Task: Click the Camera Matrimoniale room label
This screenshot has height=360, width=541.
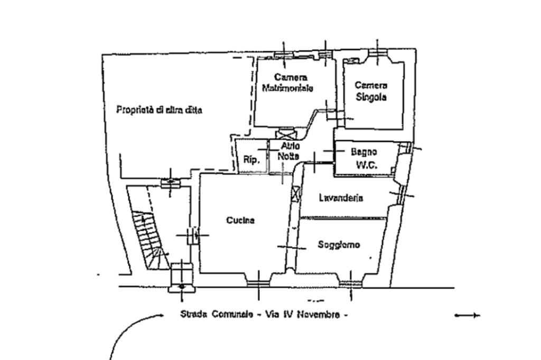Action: click(x=288, y=83)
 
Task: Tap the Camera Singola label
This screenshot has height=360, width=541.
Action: click(x=371, y=91)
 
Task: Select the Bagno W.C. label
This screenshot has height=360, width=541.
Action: click(x=364, y=158)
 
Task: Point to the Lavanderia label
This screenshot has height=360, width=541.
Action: click(x=341, y=198)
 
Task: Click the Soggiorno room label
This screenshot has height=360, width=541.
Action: click(x=339, y=245)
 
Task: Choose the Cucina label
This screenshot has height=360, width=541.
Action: click(x=240, y=220)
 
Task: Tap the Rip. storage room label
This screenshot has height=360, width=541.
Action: click(x=251, y=160)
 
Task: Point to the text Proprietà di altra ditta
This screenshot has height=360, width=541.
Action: click(x=159, y=110)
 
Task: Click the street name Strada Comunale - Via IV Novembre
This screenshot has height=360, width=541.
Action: click(x=264, y=315)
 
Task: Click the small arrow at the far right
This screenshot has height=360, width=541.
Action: click(x=468, y=316)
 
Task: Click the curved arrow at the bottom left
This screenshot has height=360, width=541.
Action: click(x=132, y=333)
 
